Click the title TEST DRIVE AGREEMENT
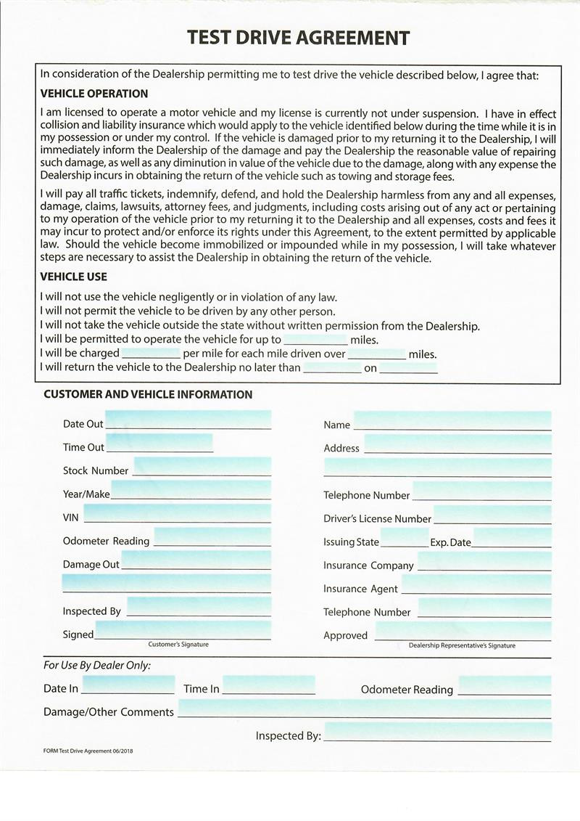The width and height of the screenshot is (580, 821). pyautogui.click(x=298, y=38)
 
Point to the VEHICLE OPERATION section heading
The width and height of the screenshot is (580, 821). pyautogui.click(x=94, y=94)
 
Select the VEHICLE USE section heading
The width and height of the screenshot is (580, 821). pyautogui.click(x=73, y=277)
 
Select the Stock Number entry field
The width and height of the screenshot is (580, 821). pyautogui.click(x=202, y=467)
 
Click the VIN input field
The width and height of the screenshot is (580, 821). pyautogui.click(x=177, y=514)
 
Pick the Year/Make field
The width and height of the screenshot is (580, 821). pyautogui.click(x=191, y=490)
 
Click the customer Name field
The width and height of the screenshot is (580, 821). pyautogui.click(x=452, y=421)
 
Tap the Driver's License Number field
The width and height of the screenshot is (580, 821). pyautogui.click(x=492, y=515)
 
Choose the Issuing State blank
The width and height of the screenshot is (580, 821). pyautogui.click(x=404, y=539)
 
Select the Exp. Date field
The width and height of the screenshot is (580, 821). pyautogui.click(x=512, y=539)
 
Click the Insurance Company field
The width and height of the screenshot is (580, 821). pyautogui.click(x=484, y=562)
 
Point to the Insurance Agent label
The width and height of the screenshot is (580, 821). pyautogui.click(x=360, y=589)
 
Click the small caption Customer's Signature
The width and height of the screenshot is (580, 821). pyautogui.click(x=178, y=645)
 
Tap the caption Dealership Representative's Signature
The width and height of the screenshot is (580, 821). pyautogui.click(x=462, y=645)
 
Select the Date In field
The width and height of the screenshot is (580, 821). pyautogui.click(x=128, y=685)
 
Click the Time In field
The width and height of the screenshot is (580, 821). pyautogui.click(x=268, y=685)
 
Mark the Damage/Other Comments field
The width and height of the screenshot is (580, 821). pyautogui.click(x=364, y=709)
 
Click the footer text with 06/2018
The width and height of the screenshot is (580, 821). pyautogui.click(x=88, y=751)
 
